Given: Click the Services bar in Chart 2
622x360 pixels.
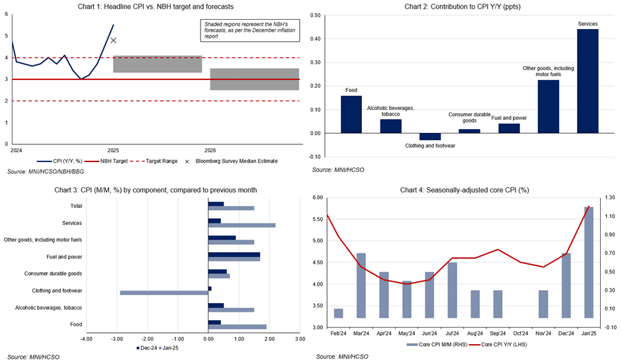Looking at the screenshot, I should tap(588, 81).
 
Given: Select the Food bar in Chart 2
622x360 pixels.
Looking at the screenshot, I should tap(351, 114).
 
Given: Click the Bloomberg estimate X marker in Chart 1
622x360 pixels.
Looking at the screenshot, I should tap(113, 40).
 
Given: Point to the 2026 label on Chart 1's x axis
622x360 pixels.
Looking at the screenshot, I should tap(210, 150).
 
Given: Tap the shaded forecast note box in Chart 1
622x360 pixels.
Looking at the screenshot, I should tap(249, 30).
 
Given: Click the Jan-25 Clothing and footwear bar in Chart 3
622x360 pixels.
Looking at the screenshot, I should tap(164, 292).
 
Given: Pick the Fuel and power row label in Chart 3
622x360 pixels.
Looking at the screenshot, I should tap(65, 256).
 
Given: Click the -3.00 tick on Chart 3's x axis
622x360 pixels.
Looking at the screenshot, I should tap(116, 339).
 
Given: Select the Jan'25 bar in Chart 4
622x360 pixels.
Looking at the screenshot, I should tap(588, 262).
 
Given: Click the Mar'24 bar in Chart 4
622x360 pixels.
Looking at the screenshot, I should tap(361, 285).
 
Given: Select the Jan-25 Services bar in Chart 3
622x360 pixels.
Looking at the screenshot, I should tap(242, 226).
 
